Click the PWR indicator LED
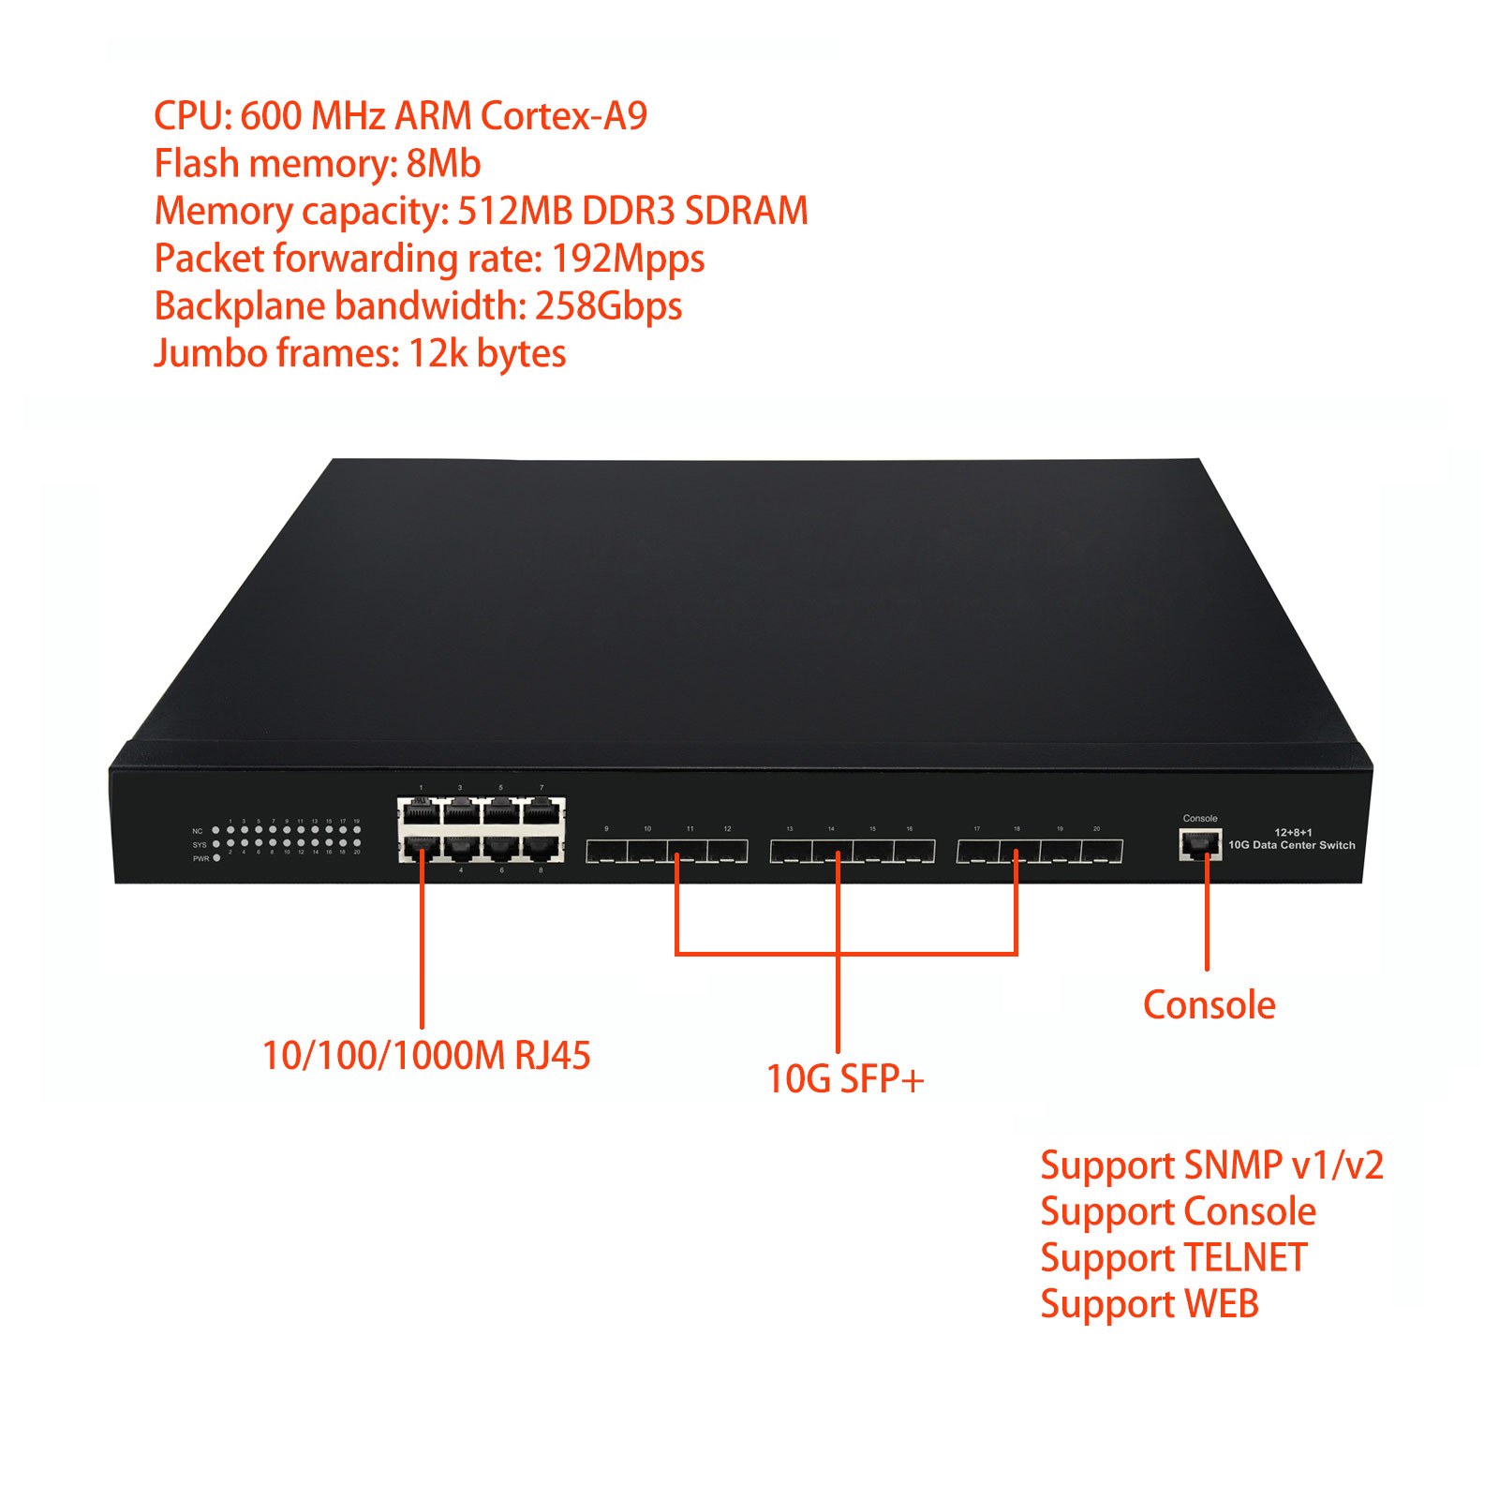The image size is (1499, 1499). coord(216,858)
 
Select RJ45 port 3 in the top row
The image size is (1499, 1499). coord(461,810)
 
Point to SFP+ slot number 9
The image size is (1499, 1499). coord(606,852)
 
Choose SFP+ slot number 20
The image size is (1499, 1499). coord(1102,852)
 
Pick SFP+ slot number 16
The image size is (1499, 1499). coord(913,852)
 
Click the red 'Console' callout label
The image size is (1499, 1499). coord(1209,1004)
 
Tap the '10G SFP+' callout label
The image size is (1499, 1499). coord(845,1079)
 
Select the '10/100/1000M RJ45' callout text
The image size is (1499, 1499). coord(426,1056)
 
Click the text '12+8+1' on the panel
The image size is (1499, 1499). coord(1293,832)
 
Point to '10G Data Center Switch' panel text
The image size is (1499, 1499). coord(1291,845)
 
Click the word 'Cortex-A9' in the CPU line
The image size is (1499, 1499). coord(563,116)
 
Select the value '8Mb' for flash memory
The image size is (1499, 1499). coord(443,164)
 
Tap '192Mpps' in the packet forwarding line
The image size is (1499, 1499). coord(628,260)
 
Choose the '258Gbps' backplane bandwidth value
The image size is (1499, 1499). coord(608,306)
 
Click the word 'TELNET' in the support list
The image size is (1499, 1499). coord(1245,1258)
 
